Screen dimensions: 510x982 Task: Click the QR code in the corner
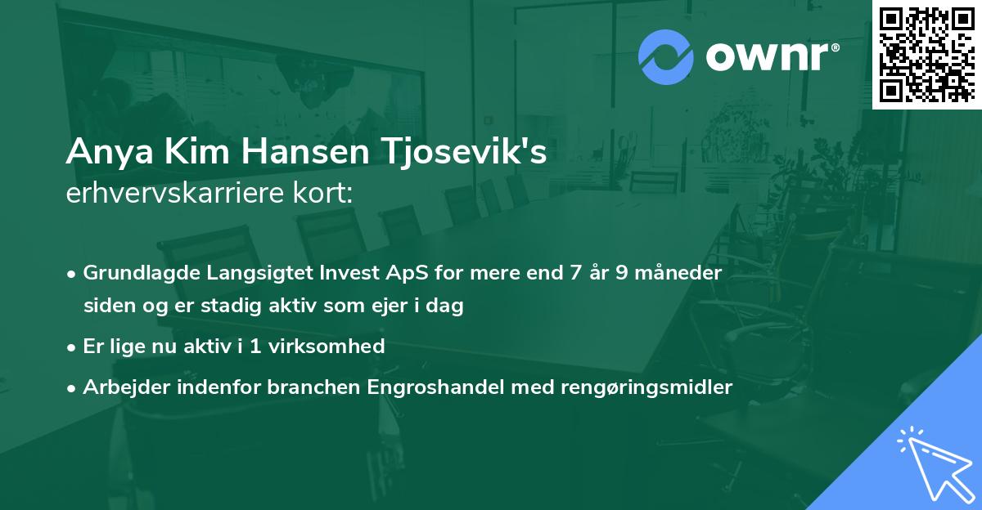coord(926,54)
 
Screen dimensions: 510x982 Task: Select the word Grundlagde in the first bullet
coord(135,273)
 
